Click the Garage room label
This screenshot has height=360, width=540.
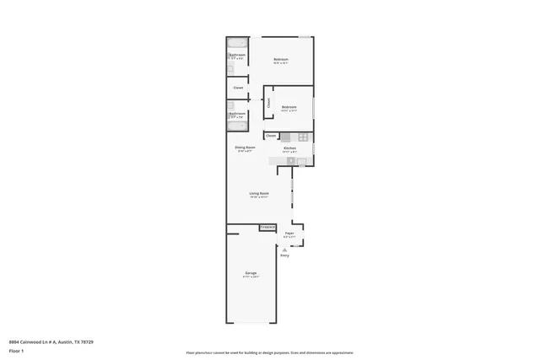(x=251, y=273)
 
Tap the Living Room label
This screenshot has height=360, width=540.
(x=259, y=194)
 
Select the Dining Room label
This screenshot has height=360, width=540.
(x=245, y=148)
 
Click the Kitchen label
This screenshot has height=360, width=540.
(x=289, y=148)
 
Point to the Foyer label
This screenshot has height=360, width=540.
(x=289, y=233)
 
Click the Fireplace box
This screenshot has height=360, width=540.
(x=267, y=227)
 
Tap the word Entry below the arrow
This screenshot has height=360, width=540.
(x=284, y=255)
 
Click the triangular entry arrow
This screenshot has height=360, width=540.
(x=284, y=249)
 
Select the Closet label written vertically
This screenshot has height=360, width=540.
(x=269, y=103)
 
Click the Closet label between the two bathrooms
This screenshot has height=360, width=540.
(x=238, y=87)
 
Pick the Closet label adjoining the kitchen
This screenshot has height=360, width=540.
(x=271, y=136)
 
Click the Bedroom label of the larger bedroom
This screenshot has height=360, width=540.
(x=281, y=58)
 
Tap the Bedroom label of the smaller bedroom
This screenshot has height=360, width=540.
(x=289, y=106)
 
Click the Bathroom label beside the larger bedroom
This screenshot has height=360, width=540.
(x=237, y=56)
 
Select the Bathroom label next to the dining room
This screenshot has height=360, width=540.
(x=237, y=113)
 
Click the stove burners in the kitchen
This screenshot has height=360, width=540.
(x=289, y=160)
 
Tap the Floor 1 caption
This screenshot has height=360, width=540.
(x=16, y=352)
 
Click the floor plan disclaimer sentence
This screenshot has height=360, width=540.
(x=270, y=352)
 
